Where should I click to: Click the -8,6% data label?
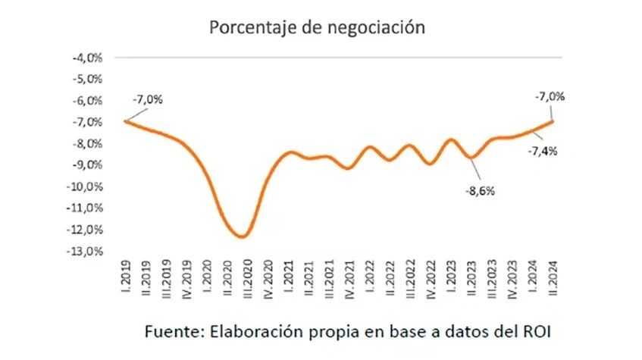tap(479, 191)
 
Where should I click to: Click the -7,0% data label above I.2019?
tap(148, 99)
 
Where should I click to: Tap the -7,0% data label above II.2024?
tap(550, 97)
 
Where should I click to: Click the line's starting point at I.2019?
tap(126, 121)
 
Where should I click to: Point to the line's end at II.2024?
tap(553, 121)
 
